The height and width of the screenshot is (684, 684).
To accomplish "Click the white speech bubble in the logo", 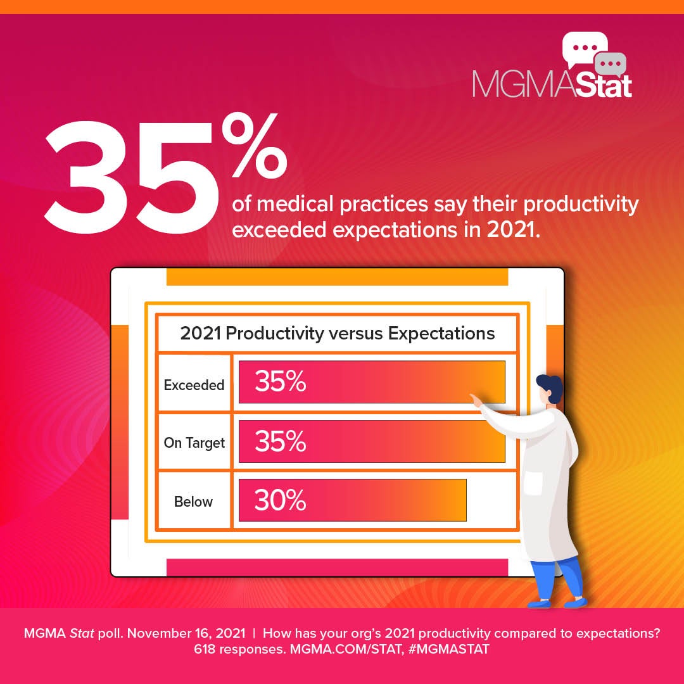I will point(584,48).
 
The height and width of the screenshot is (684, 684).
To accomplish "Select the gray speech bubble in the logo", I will point(611,64).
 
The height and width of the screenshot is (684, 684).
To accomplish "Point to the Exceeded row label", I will point(194,384).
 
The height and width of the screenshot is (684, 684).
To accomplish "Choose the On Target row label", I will point(194,443).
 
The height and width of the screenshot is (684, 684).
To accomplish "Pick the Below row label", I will point(194,502).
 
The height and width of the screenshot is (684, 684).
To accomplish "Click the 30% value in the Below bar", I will point(280,500).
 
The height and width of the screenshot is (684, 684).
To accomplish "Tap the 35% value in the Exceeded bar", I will point(280,382).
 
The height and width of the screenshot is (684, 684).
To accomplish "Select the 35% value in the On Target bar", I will point(280,441).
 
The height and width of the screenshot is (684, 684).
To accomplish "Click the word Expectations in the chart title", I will point(441,333).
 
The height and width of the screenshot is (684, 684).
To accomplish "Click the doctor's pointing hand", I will point(476,399).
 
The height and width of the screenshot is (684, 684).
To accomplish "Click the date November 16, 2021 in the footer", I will point(196,633).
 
